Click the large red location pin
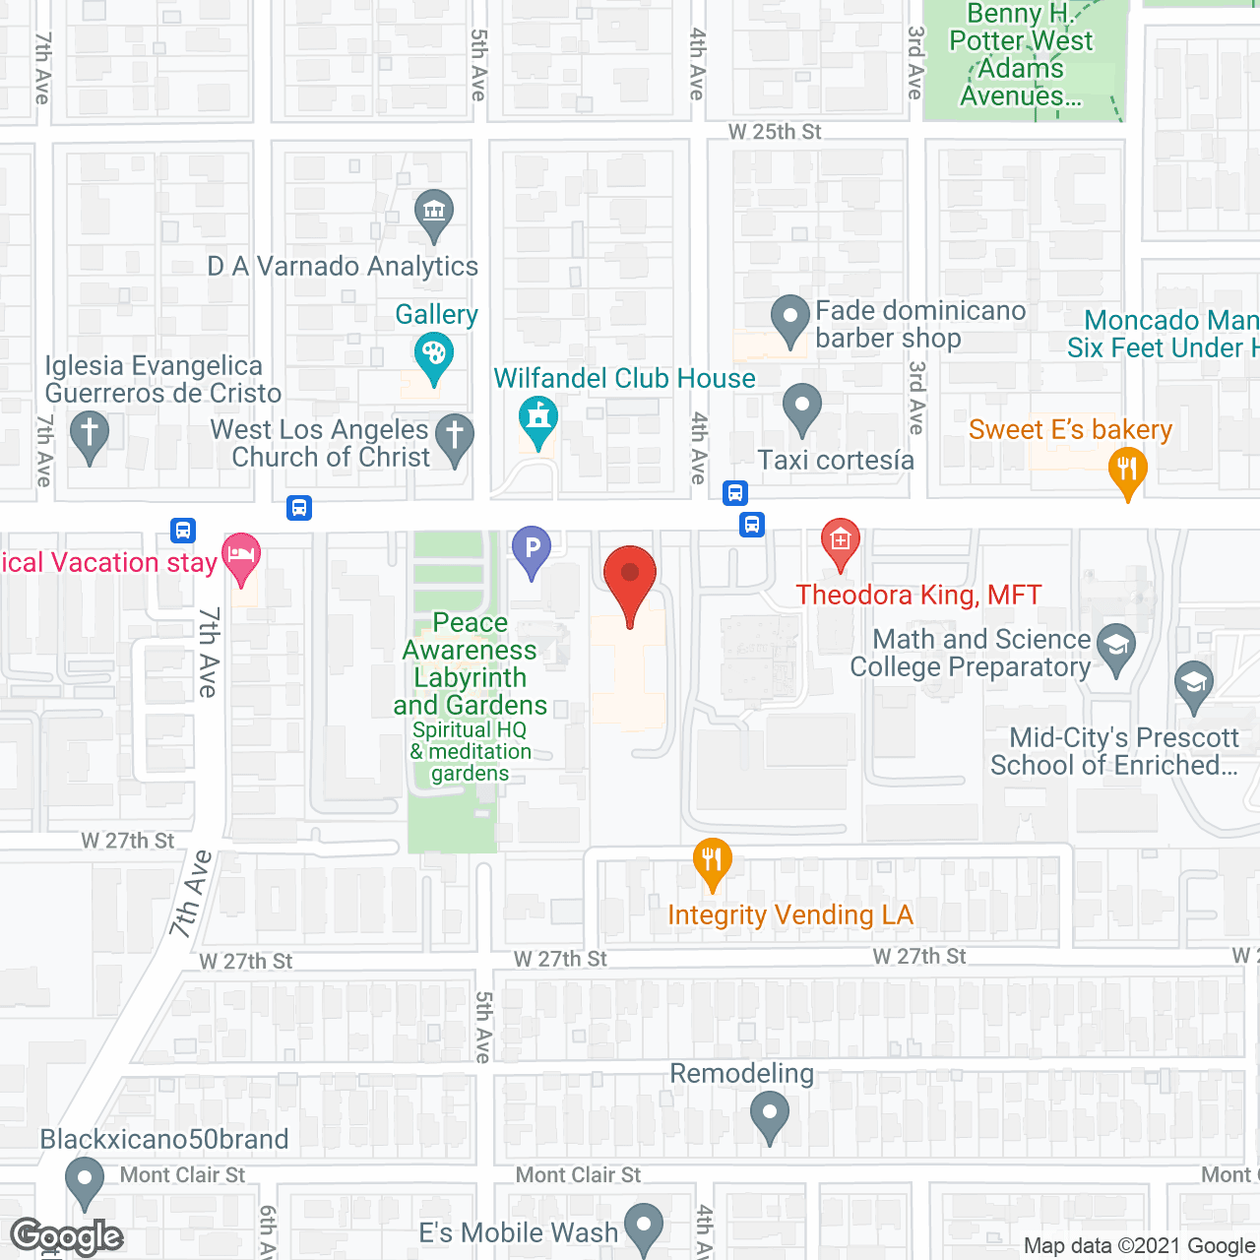(x=629, y=577)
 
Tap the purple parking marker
(x=532, y=548)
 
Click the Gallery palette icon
(x=433, y=354)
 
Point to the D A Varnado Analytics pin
(x=433, y=212)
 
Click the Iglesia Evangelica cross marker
(x=90, y=434)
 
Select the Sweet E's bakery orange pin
(x=1127, y=470)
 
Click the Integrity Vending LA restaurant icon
(x=712, y=860)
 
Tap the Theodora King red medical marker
(x=840, y=540)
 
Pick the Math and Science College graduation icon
(x=1115, y=646)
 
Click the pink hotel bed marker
(x=241, y=555)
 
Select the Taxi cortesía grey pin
(x=802, y=406)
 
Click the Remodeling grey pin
(x=770, y=1117)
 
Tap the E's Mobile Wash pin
(x=645, y=1227)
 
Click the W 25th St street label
(x=775, y=132)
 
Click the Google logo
(x=67, y=1236)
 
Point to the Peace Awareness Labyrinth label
(x=471, y=664)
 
